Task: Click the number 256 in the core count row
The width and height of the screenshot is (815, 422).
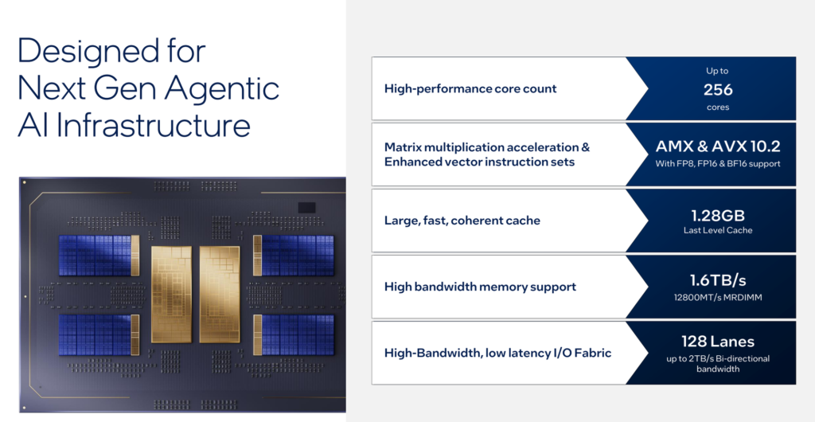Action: point(718,90)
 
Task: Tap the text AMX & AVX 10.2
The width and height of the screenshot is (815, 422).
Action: point(718,147)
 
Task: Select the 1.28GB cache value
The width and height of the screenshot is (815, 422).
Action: point(718,215)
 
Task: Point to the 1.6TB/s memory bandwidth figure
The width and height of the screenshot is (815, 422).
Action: point(718,280)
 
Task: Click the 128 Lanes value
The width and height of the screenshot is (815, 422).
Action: point(718,342)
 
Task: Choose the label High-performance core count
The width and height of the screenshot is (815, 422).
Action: point(470,88)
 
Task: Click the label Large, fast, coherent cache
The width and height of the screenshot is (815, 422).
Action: point(462,221)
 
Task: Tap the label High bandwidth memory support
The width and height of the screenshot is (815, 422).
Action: point(480,287)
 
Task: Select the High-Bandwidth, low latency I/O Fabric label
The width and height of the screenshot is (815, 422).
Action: point(498,353)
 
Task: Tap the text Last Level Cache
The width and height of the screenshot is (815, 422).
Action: point(718,230)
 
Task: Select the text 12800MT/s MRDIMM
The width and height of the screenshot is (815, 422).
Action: point(718,298)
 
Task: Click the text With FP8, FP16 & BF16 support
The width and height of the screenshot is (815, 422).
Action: point(718,164)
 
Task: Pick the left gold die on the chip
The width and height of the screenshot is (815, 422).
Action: point(172,294)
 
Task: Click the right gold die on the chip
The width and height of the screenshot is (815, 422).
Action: point(220,294)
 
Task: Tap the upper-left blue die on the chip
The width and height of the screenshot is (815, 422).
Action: point(99,255)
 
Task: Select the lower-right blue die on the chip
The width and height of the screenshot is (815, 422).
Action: point(294,335)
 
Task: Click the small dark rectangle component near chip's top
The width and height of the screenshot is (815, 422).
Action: point(306,207)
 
